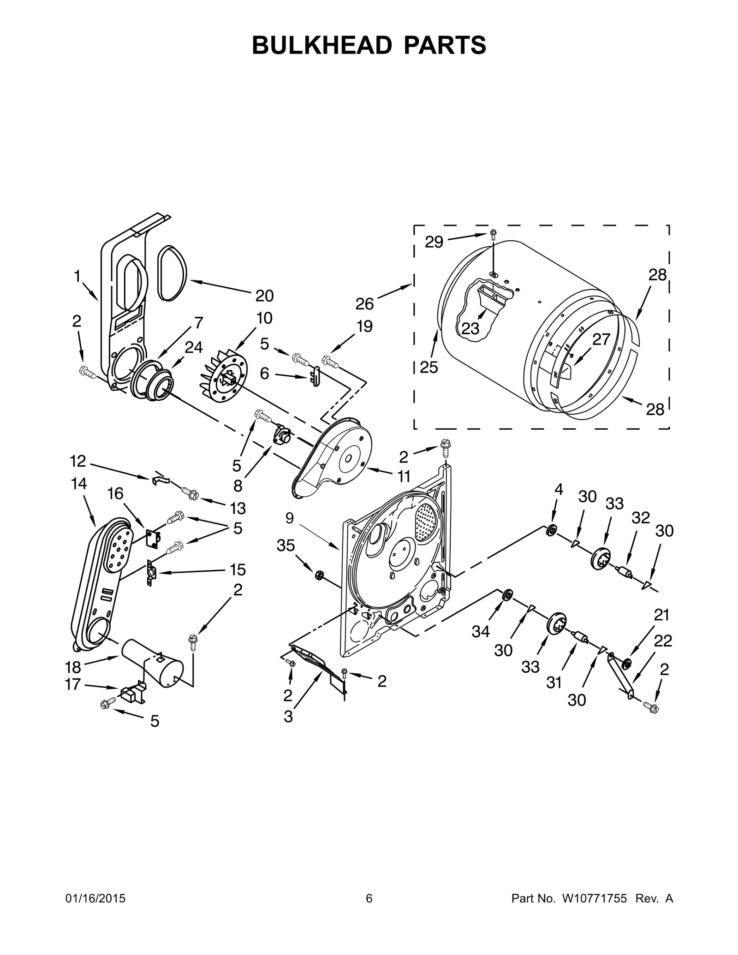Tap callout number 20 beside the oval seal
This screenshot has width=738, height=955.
coord(264,296)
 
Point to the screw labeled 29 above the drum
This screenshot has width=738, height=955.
coord(493,234)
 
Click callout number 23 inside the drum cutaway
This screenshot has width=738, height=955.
coord(470,329)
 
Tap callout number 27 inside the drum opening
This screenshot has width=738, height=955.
coord(601,339)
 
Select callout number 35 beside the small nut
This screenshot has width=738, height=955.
coord(286,546)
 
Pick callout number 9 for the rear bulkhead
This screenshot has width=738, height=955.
coord(289,518)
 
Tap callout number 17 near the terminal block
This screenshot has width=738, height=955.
coord(73,684)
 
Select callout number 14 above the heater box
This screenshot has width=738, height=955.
coord(79,484)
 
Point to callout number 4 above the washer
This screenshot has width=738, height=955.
coord(559,490)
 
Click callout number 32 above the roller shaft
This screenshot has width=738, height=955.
coord(641,518)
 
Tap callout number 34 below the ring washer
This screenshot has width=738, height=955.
coord(480,631)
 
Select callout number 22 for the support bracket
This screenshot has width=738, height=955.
coord(663,641)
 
